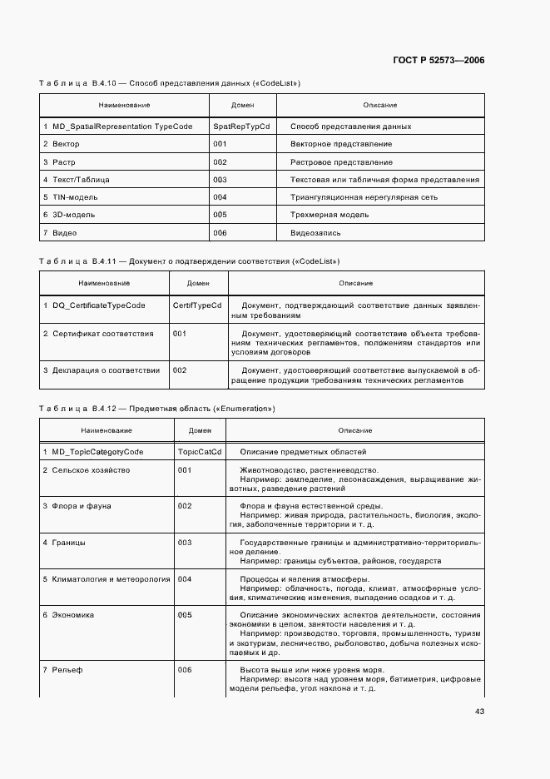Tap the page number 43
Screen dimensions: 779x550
click(479, 711)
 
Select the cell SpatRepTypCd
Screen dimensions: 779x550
click(241, 127)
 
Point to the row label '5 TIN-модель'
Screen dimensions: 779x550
click(70, 197)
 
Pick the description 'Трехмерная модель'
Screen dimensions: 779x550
click(329, 215)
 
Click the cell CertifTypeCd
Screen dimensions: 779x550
click(197, 305)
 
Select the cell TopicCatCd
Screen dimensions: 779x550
click(200, 452)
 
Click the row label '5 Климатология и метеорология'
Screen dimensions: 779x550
click(107, 578)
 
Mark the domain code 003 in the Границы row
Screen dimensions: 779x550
click(185, 543)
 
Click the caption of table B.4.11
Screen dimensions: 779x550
click(189, 261)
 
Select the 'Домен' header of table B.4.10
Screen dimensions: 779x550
click(242, 106)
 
